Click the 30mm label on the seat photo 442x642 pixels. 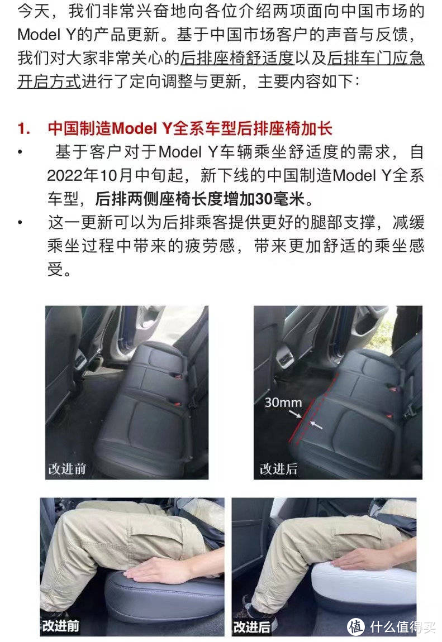(283, 402)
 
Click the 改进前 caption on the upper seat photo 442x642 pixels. (67, 468)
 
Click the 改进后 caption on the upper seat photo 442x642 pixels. (278, 468)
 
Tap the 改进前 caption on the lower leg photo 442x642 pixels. (60, 625)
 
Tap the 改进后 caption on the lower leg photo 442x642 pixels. (252, 625)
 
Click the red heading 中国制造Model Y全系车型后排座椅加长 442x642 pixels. (190, 129)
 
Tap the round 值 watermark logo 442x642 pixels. (355, 627)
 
